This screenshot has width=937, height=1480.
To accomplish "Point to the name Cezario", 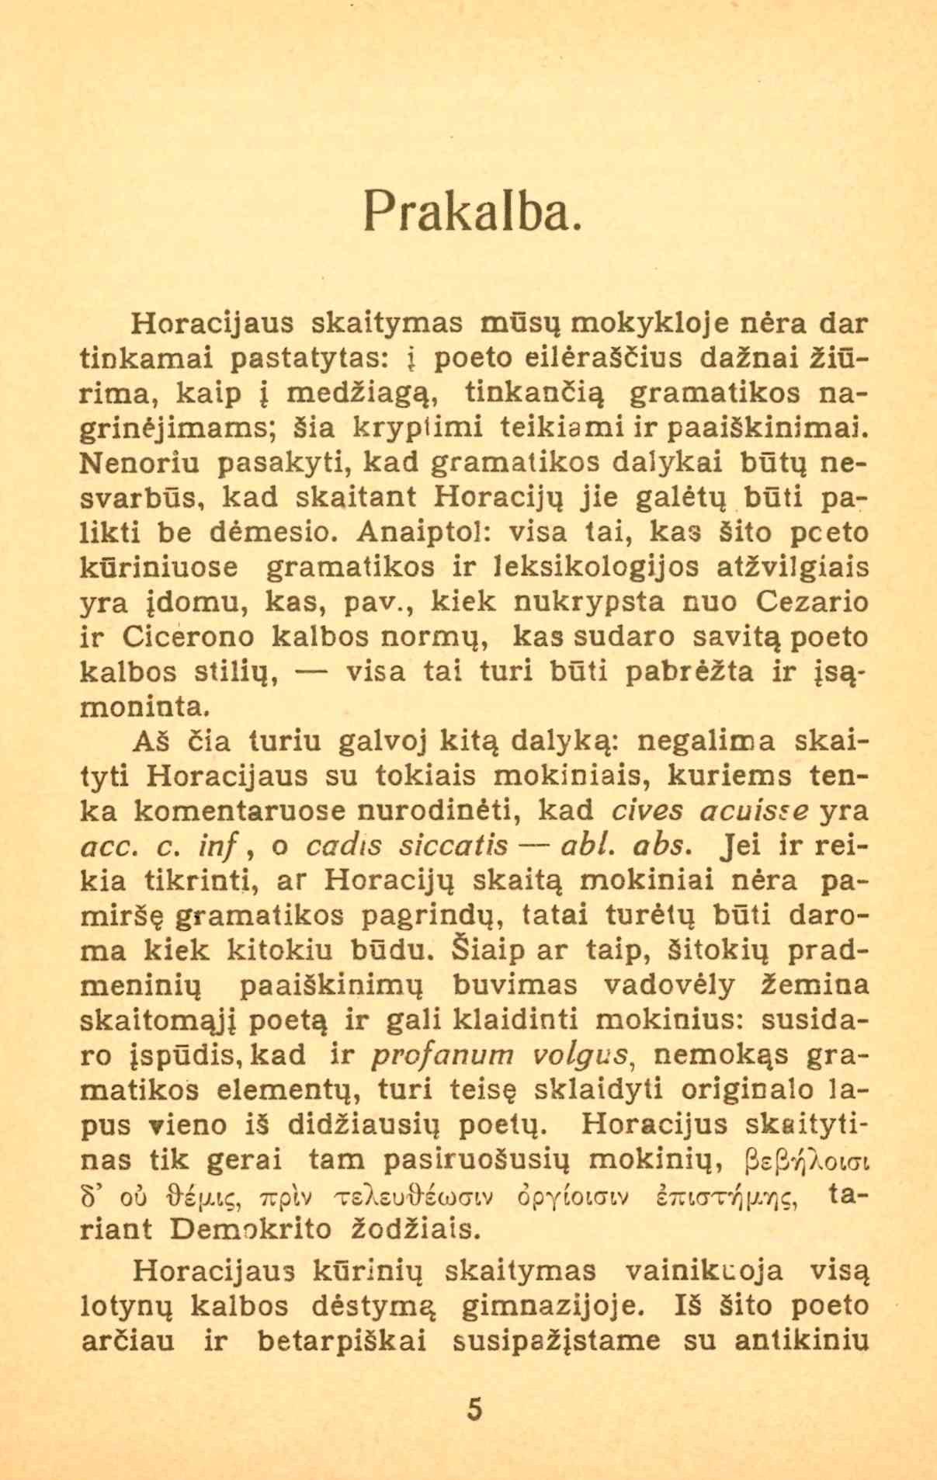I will pyautogui.click(x=812, y=602).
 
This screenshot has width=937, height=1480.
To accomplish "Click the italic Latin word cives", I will pyautogui.click(x=647, y=810).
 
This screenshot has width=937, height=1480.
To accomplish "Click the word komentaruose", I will pyautogui.click(x=241, y=811).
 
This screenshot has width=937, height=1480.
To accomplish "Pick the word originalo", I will pyautogui.click(x=748, y=1090).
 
